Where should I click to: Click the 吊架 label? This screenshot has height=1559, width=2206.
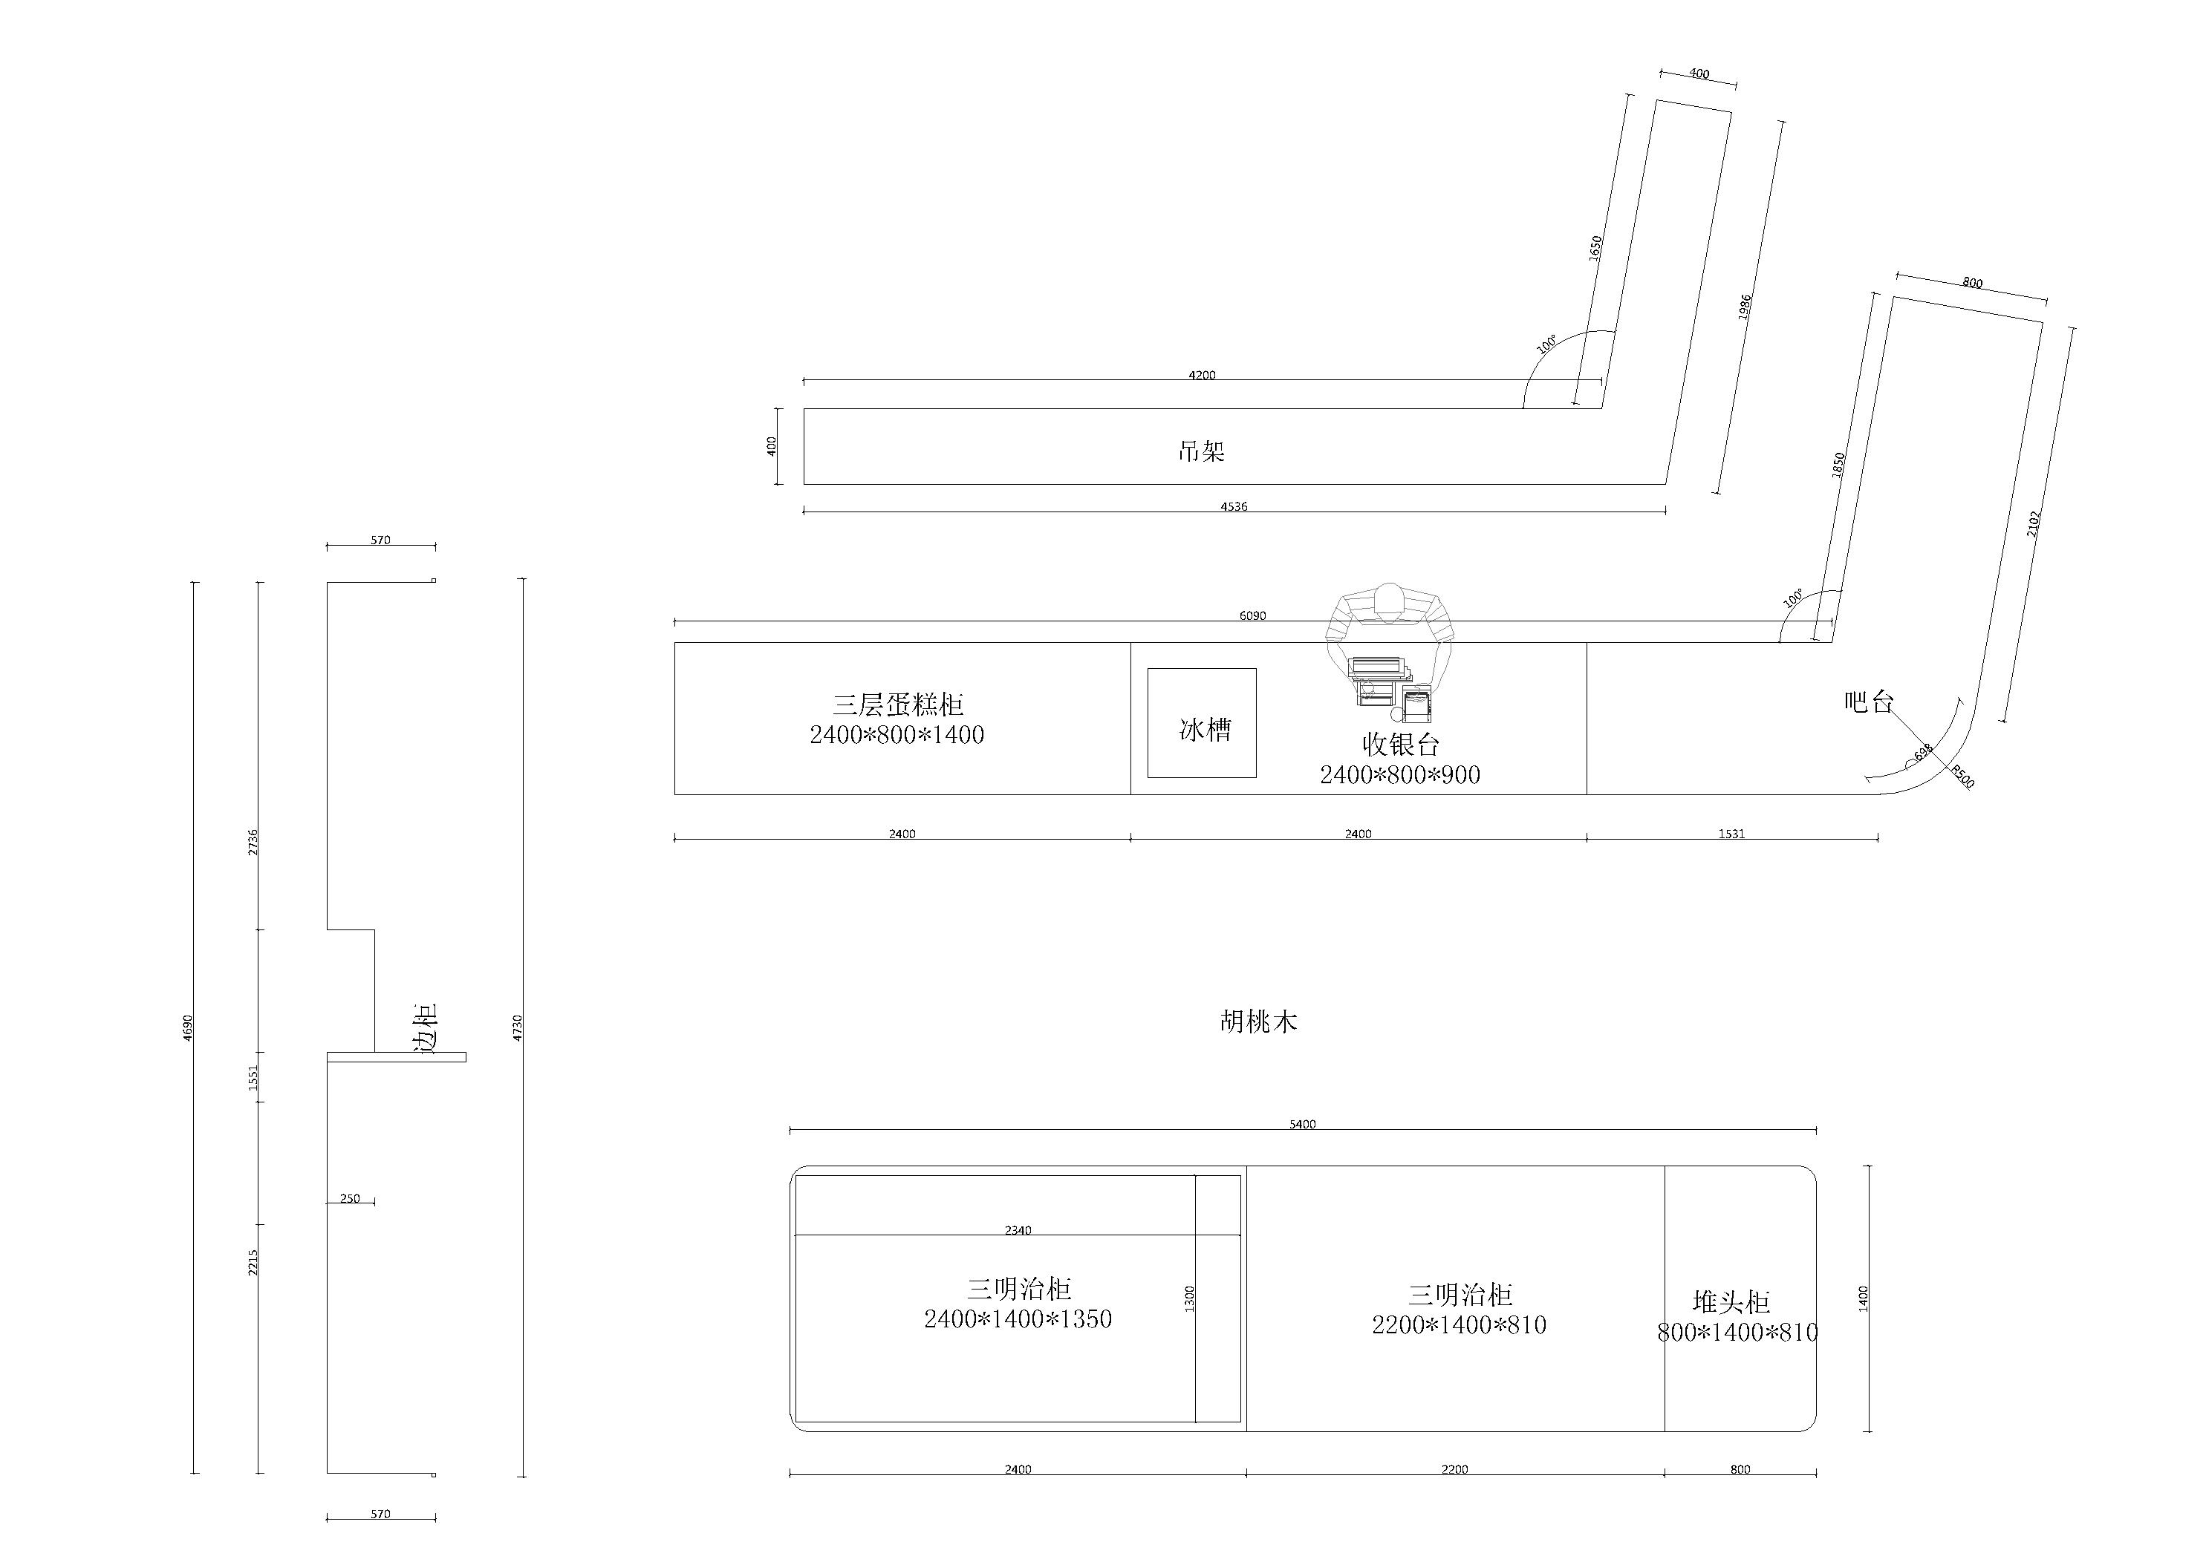(x=1201, y=451)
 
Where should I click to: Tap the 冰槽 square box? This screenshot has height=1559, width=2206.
(x=1202, y=722)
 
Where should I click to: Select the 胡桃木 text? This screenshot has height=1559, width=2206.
(x=1259, y=1021)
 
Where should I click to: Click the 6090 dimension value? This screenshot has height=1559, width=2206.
(x=1252, y=615)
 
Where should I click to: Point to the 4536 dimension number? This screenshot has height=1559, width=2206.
(x=1234, y=506)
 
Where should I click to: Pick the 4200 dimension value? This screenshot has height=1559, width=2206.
(x=1202, y=376)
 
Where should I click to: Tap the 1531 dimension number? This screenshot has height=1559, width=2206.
(x=1731, y=834)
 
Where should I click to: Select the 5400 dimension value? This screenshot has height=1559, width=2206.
(x=1303, y=1124)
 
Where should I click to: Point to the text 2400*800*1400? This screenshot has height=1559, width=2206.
(x=897, y=735)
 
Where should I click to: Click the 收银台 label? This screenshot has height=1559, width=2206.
(x=1401, y=743)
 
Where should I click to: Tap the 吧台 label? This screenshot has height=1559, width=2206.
(x=1869, y=702)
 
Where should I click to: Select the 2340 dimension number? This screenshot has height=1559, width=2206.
(x=1018, y=1229)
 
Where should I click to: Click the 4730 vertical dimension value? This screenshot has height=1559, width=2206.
(x=518, y=1027)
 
